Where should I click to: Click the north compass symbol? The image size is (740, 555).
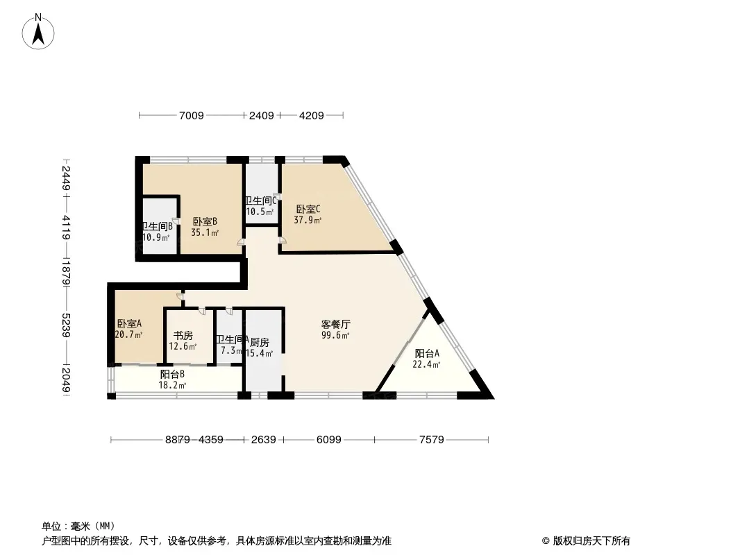pos(40,31)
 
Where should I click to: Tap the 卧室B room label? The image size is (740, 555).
pos(205,222)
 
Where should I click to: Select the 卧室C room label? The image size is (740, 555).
pos(308,209)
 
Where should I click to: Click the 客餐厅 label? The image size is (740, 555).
pos(335,324)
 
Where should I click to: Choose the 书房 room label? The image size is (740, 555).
pos(183,336)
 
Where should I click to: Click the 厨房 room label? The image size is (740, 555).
pos(260,342)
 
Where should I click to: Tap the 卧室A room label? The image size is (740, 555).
pos(129,323)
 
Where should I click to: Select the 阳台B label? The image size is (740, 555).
pos(171,374)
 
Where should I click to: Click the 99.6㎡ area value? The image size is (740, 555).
pos(335,335)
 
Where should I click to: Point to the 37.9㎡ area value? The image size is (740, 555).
pos(308,221)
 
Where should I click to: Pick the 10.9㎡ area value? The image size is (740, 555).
pos(156,237)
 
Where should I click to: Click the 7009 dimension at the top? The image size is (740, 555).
pos(192,116)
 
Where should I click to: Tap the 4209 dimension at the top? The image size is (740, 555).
pos(311,116)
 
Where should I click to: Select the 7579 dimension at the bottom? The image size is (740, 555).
pos(431,439)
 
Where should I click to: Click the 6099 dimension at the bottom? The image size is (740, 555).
pos(328,439)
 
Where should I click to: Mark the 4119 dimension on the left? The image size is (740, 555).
pos(65,228)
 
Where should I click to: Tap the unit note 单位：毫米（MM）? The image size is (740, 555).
pos(78,526)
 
